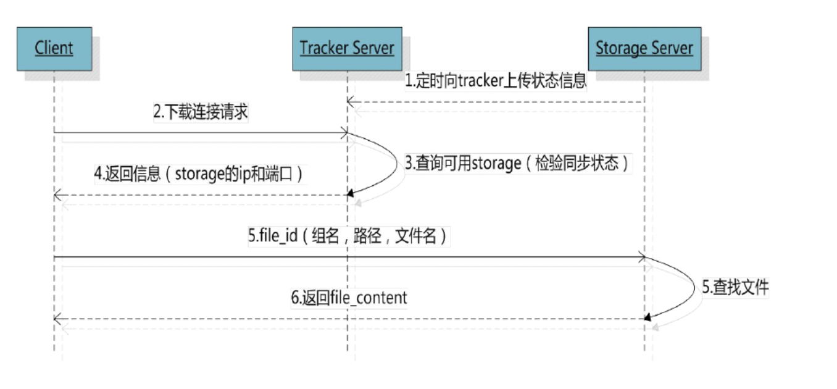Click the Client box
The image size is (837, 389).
(54, 48)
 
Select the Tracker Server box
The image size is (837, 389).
(347, 48)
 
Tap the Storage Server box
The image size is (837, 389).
(644, 48)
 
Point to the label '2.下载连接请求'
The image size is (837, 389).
(201, 113)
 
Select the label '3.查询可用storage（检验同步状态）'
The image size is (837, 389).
(517, 164)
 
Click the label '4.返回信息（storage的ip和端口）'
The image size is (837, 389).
(199, 174)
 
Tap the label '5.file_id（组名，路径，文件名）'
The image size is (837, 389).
(348, 236)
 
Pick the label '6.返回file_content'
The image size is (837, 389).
(349, 298)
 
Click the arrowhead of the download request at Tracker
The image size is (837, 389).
(344, 133)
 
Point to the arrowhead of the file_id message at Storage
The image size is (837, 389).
(642, 256)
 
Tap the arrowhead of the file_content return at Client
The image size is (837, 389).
(57, 319)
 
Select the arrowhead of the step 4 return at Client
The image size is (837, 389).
(57, 195)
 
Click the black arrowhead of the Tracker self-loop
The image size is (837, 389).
(350, 194)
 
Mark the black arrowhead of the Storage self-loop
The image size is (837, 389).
(648, 317)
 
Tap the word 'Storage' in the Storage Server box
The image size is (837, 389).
(619, 48)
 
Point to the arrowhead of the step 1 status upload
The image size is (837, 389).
(350, 101)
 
